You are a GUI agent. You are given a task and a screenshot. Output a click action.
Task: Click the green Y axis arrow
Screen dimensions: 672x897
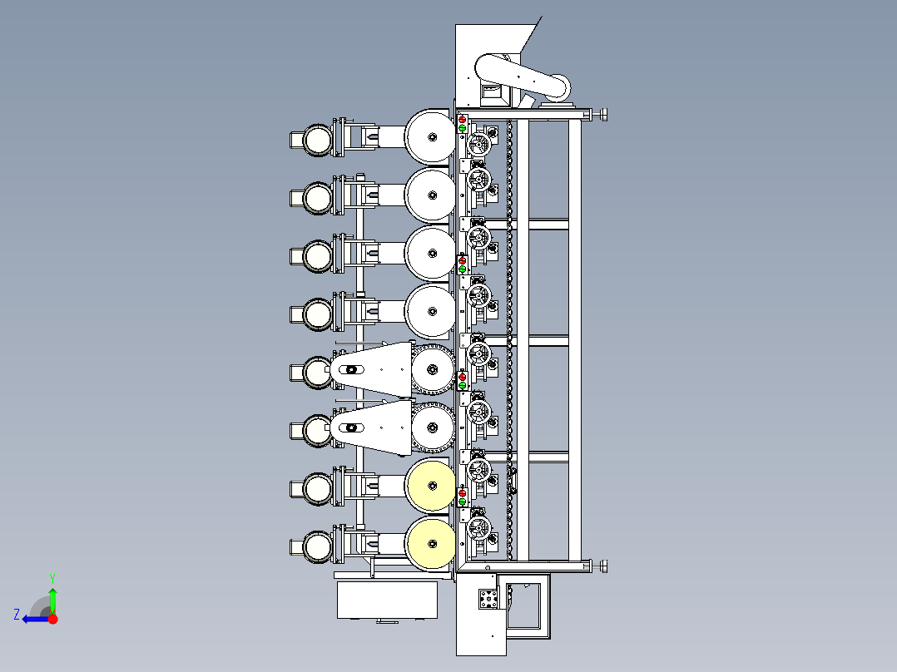[x=52, y=597]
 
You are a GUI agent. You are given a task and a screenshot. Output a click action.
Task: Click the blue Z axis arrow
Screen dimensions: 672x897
[x=31, y=619]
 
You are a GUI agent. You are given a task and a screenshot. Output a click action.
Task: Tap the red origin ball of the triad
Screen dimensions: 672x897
[x=53, y=619]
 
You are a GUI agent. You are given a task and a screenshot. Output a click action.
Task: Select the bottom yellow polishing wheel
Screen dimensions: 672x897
[x=431, y=543]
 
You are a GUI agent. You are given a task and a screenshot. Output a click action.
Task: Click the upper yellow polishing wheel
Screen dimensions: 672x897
[x=431, y=486]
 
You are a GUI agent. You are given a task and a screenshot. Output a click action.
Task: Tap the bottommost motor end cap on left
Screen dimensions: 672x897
[x=316, y=546]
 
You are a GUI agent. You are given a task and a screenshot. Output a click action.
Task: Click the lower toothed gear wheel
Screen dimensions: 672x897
[x=432, y=427]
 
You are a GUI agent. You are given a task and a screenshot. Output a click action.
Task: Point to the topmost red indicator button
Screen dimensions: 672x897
[x=463, y=120]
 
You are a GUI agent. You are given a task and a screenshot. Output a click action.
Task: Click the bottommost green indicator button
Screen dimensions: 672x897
[x=463, y=502]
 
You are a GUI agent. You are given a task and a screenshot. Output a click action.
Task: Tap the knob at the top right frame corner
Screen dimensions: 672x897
[x=602, y=114]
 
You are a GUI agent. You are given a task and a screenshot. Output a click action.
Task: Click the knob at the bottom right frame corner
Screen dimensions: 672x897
[x=602, y=567]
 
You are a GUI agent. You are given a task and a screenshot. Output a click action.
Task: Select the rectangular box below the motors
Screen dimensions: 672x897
[x=387, y=600]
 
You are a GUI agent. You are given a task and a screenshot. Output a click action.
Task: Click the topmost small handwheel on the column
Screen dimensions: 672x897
[x=478, y=145]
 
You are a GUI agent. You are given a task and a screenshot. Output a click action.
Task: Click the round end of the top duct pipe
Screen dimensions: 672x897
[x=559, y=86]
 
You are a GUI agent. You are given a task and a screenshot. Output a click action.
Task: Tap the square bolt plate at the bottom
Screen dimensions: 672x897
[x=488, y=598]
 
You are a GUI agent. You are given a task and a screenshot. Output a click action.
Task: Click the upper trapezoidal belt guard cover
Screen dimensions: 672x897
[x=374, y=369]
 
